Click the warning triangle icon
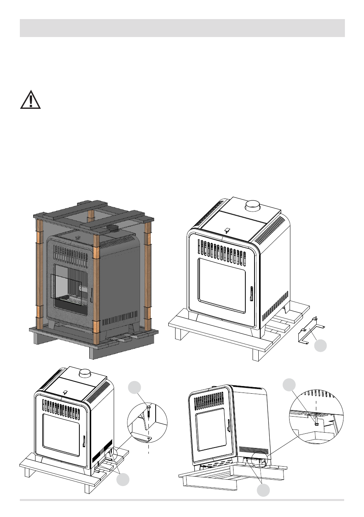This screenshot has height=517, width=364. point(31,100)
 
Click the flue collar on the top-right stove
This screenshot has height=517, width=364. point(252,205)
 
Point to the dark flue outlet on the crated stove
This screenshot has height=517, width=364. point(113,228)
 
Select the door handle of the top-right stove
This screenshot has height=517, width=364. point(251,294)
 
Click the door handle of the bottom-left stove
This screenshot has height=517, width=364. point(84,441)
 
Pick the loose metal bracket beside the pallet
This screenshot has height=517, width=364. point(311,331)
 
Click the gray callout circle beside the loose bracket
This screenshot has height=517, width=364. point(321,346)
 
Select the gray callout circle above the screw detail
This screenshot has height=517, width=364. point(134,387)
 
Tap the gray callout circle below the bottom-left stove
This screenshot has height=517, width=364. point(123,480)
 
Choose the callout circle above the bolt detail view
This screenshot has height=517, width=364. point(289,385)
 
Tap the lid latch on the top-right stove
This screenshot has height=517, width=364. point(227,231)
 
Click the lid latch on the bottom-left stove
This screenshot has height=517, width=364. point(65,392)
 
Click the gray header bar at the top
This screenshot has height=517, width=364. point(182,28)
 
